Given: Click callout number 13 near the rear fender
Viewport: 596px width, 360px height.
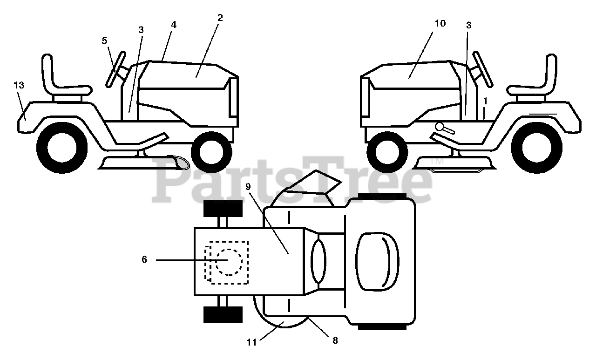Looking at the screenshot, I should click(x=19, y=85).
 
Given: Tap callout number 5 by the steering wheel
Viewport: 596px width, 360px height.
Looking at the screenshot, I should click(x=104, y=41).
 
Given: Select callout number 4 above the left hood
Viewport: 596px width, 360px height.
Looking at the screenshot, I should click(x=174, y=25).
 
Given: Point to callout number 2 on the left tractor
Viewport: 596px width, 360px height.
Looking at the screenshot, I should click(x=220, y=18).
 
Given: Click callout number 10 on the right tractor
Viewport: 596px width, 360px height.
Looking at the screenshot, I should click(x=440, y=23).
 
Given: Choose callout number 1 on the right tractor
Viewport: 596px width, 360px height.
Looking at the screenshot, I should click(x=485, y=100).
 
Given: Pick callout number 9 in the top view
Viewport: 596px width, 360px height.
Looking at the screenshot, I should click(x=248, y=186).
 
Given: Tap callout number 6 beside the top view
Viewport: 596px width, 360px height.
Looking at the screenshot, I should click(x=144, y=259).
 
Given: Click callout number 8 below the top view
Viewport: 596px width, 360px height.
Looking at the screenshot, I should click(x=335, y=340).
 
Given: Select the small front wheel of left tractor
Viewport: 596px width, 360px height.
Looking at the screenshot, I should click(x=211, y=151).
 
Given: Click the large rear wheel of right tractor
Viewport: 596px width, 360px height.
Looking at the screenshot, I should click(x=536, y=148).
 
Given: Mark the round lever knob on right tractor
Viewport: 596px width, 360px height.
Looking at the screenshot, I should click(x=440, y=126).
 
